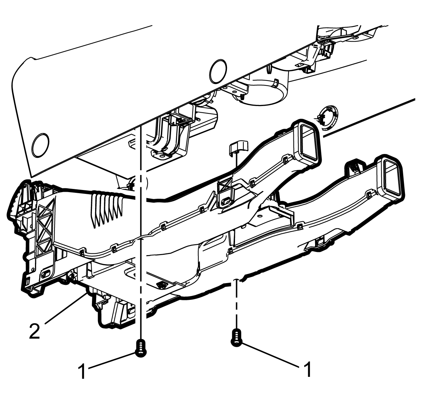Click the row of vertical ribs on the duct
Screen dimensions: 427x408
tap(107, 209)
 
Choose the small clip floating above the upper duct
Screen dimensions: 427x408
tap(239, 147)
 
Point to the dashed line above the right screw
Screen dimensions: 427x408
tap(236, 303)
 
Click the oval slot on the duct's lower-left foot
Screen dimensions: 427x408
tap(46, 273)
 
